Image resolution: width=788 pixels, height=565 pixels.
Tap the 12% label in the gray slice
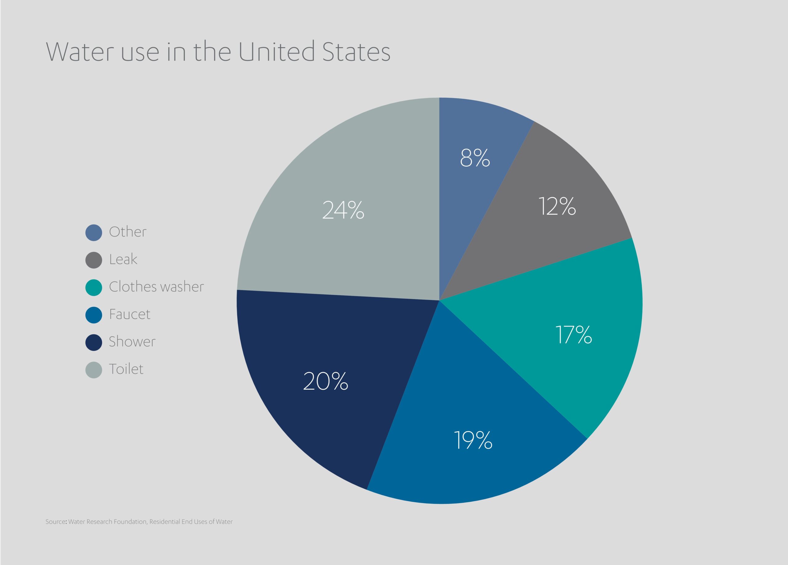coord(557,206)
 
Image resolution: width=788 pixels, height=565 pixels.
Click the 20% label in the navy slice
coord(326,381)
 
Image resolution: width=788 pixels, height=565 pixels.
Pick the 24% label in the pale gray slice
coord(343,210)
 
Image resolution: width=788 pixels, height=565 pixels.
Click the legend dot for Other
coord(94,233)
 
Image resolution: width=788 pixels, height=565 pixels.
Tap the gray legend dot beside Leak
coord(94,260)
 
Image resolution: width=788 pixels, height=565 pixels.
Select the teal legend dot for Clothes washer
coord(94,287)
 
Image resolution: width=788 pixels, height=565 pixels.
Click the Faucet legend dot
coord(94,315)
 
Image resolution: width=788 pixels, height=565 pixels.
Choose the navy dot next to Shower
coord(94,343)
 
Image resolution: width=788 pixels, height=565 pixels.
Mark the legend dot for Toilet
coord(94,370)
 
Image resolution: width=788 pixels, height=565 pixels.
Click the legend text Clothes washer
coord(156,287)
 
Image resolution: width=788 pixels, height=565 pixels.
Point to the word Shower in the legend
coord(132,342)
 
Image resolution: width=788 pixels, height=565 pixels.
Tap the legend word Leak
coord(123,259)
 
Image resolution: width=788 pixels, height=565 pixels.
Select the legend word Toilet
coord(126,369)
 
